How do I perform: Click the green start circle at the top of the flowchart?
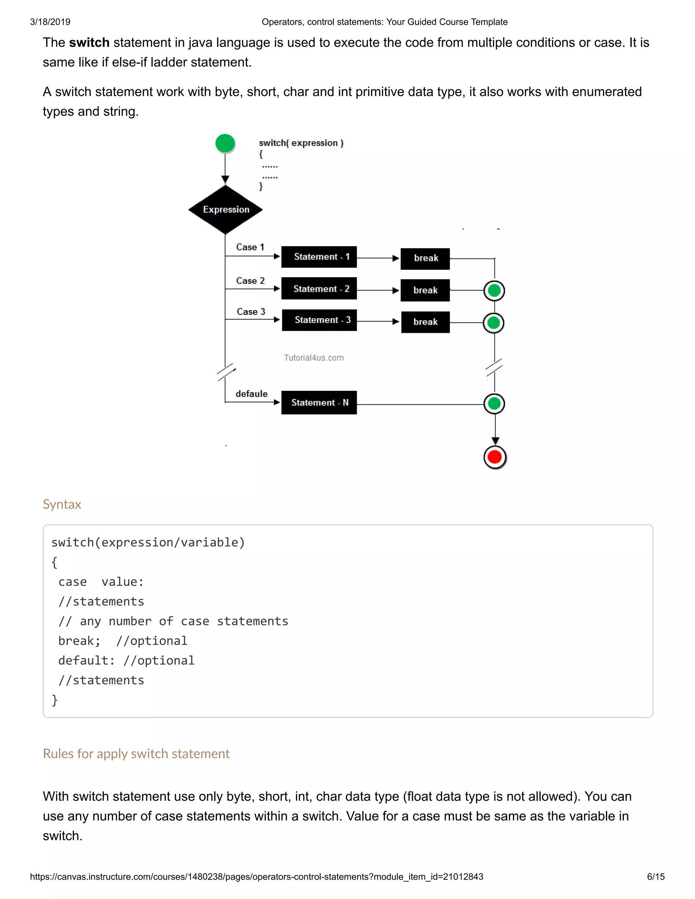click(x=225, y=144)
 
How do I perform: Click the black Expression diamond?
click(x=225, y=210)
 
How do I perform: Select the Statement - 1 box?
click(x=319, y=257)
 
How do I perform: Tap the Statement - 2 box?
click(x=319, y=289)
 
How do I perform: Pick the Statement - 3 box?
click(x=319, y=320)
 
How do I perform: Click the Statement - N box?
click(x=319, y=403)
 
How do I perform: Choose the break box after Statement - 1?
click(x=425, y=259)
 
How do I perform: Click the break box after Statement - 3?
click(x=425, y=322)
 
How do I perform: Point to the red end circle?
click(x=494, y=457)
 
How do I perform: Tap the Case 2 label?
click(x=250, y=281)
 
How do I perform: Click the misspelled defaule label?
click(x=251, y=394)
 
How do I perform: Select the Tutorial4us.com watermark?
click(x=314, y=358)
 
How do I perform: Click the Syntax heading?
click(x=62, y=504)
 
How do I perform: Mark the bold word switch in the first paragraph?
click(x=89, y=42)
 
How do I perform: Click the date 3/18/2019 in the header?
click(x=50, y=22)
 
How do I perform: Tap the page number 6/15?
click(x=656, y=876)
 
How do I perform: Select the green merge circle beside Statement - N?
click(x=494, y=404)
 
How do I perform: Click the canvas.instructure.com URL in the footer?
click(x=257, y=876)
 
